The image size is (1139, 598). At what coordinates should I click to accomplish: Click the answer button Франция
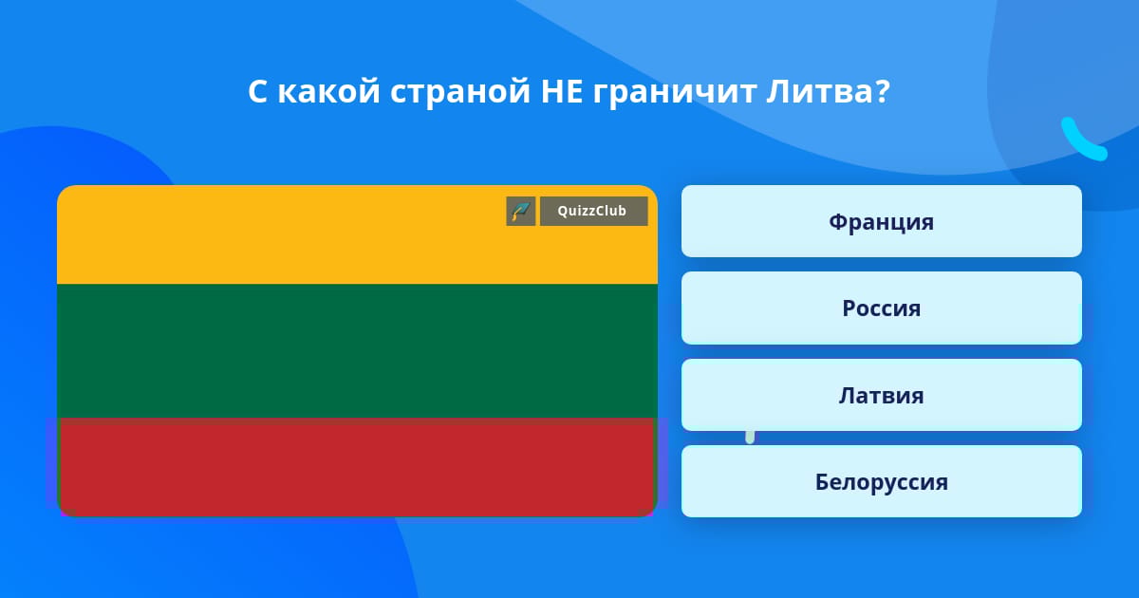[881, 221]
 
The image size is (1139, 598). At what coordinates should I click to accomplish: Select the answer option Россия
[881, 308]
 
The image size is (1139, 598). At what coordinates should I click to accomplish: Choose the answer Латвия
[881, 395]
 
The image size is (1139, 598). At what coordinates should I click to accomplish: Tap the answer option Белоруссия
[881, 481]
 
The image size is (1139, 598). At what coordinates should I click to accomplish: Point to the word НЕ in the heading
[561, 91]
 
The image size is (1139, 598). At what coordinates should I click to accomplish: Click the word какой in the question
[329, 91]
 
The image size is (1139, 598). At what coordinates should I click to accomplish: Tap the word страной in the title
[460, 93]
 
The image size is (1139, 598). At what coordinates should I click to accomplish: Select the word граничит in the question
[674, 93]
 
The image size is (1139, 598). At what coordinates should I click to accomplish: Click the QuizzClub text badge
[594, 211]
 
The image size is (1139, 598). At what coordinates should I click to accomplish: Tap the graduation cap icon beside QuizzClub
[521, 211]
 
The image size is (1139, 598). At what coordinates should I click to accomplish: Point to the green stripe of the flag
[357, 351]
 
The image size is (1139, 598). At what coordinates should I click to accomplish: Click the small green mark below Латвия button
[750, 437]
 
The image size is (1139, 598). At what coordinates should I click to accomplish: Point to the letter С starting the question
[258, 91]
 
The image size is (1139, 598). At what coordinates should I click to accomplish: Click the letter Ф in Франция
[838, 222]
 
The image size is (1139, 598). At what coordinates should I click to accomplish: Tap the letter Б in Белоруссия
[822, 482]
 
